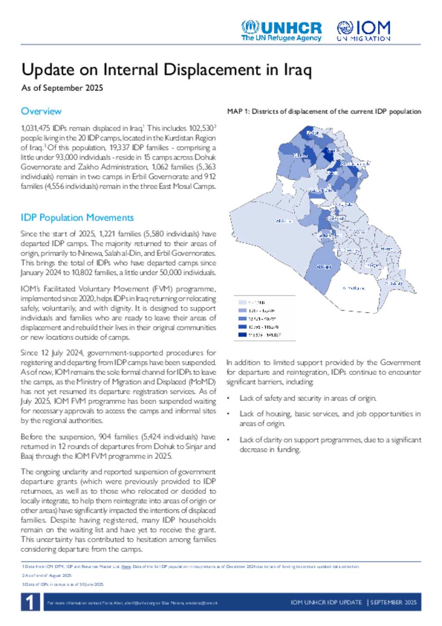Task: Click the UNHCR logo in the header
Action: click(x=281, y=31)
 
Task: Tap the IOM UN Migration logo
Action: click(x=363, y=31)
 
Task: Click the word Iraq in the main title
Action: click(x=297, y=70)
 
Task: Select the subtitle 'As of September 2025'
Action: click(x=62, y=88)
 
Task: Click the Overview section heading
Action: click(x=41, y=111)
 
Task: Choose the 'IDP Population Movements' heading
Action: click(x=77, y=218)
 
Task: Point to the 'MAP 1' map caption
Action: click(x=324, y=111)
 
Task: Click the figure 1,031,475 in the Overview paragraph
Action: click(x=36, y=128)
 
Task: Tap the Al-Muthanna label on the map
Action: click(x=354, y=288)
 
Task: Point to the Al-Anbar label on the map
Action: click(x=284, y=221)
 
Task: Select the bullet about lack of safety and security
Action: click(x=308, y=398)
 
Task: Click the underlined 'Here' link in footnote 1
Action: click(x=126, y=567)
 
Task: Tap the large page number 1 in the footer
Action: click(x=30, y=602)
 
